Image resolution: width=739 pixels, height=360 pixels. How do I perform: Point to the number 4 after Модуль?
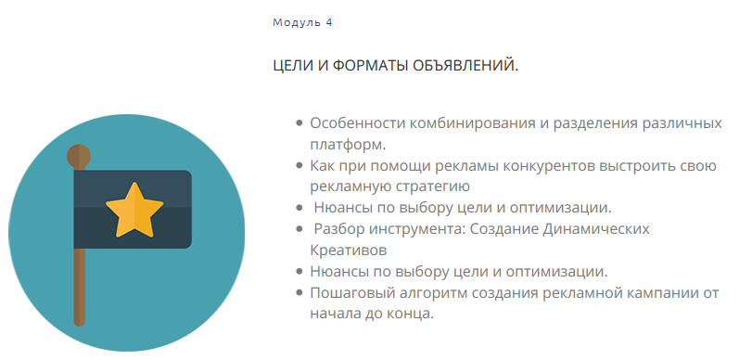tap(329, 21)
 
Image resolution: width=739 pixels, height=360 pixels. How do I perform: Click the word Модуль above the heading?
tap(297, 21)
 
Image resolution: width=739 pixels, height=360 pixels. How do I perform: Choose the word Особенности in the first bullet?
tap(353, 123)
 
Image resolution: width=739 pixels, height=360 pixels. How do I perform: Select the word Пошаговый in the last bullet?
tap(349, 292)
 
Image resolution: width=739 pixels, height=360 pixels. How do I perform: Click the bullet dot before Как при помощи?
tap(299, 166)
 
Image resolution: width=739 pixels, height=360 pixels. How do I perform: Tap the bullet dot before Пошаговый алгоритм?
tap(299, 292)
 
